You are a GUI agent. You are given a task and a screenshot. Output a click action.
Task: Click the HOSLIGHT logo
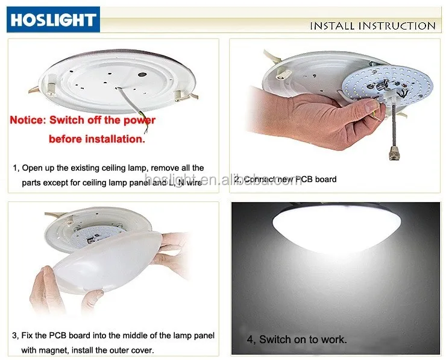pos(52,19)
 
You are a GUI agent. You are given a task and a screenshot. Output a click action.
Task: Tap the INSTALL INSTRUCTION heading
pos(372,26)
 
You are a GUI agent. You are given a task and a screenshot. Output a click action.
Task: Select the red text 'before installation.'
pos(97,139)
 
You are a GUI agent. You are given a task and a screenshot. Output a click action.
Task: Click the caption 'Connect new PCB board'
pos(288,179)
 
